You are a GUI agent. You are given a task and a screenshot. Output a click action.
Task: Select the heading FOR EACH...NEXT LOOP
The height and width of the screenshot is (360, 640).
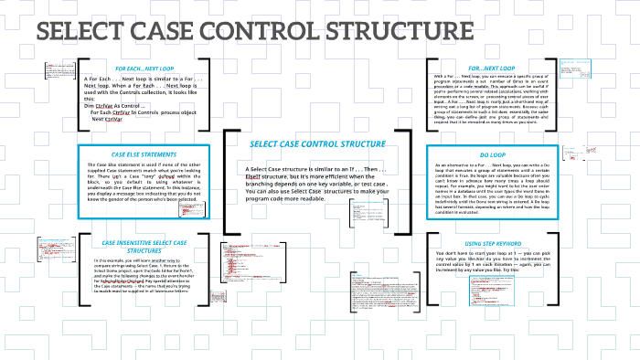[147, 68]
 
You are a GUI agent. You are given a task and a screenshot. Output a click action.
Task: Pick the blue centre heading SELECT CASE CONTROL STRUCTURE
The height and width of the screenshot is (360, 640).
[318, 145]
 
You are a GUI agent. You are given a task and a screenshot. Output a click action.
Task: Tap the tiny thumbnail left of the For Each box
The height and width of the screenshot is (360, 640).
[52, 69]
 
